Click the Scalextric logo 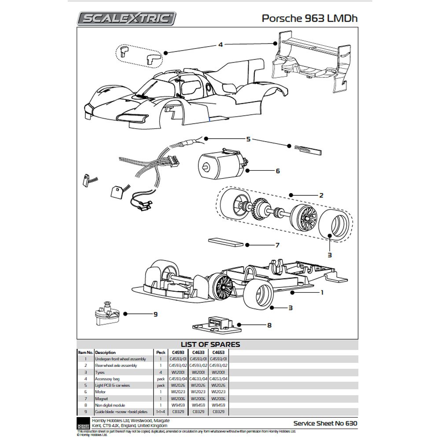(x=127, y=18)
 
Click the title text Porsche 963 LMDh (x=310, y=18)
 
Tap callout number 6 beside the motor (x=278, y=171)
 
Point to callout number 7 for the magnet (x=277, y=245)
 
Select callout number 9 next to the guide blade (x=155, y=314)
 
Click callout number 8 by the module (x=269, y=325)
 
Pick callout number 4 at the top (x=220, y=44)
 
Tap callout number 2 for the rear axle (x=322, y=195)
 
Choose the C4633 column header (x=198, y=352)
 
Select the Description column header (x=105, y=352)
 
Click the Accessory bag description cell (x=107, y=378)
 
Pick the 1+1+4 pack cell (x=159, y=411)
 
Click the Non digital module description (x=110, y=405)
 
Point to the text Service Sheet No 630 (x=325, y=423)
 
